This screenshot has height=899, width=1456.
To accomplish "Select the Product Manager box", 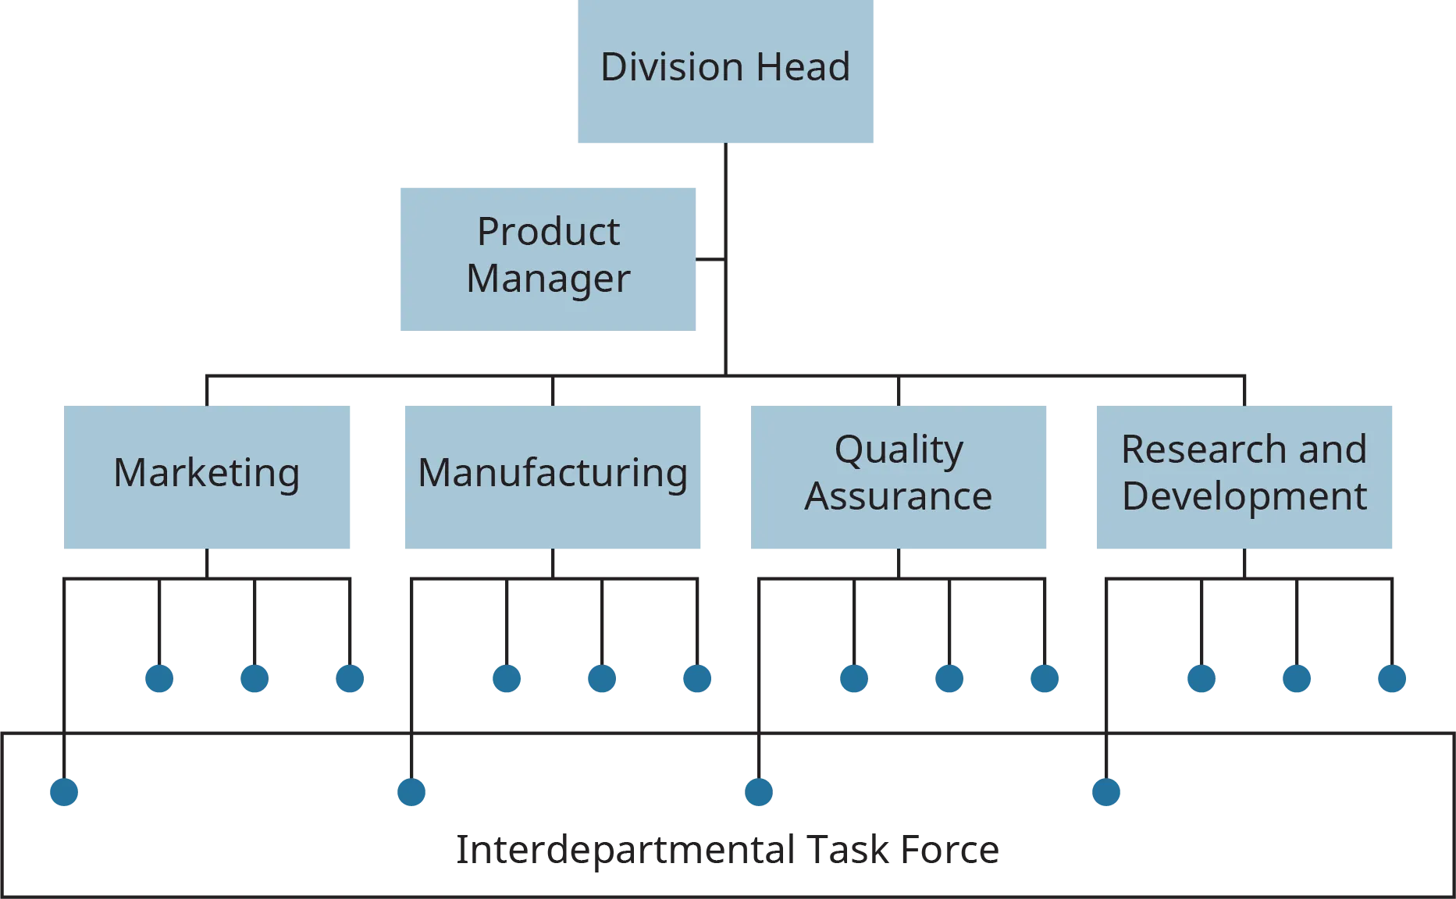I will point(549,258).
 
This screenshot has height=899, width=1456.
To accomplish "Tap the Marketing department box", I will point(208,476).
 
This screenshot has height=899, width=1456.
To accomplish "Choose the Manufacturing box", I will point(553,476).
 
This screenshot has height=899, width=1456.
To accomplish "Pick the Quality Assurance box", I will point(899,476).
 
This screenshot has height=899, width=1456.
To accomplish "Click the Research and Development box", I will point(1243,476).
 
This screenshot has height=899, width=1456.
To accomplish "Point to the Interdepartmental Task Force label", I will point(726,851).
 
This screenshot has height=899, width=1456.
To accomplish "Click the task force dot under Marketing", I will point(66,793).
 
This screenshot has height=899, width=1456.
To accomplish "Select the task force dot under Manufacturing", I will point(411,793).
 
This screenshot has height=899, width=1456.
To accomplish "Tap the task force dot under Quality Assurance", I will point(758,793).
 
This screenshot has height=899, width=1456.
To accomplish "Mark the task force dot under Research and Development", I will point(1105,793).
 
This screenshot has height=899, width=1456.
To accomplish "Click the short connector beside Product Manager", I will point(708,258).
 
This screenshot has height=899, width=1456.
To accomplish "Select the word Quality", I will point(899,450).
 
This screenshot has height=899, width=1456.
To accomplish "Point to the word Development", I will point(1244,497).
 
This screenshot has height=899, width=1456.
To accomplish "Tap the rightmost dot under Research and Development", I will point(1392,677).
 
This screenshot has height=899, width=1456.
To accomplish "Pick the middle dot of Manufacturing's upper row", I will point(602,677).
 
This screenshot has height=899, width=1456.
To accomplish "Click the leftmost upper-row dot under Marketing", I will point(159,677).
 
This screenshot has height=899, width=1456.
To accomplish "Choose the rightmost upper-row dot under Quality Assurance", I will point(1045,677).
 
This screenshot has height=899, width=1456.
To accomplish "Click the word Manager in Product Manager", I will point(548,279).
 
